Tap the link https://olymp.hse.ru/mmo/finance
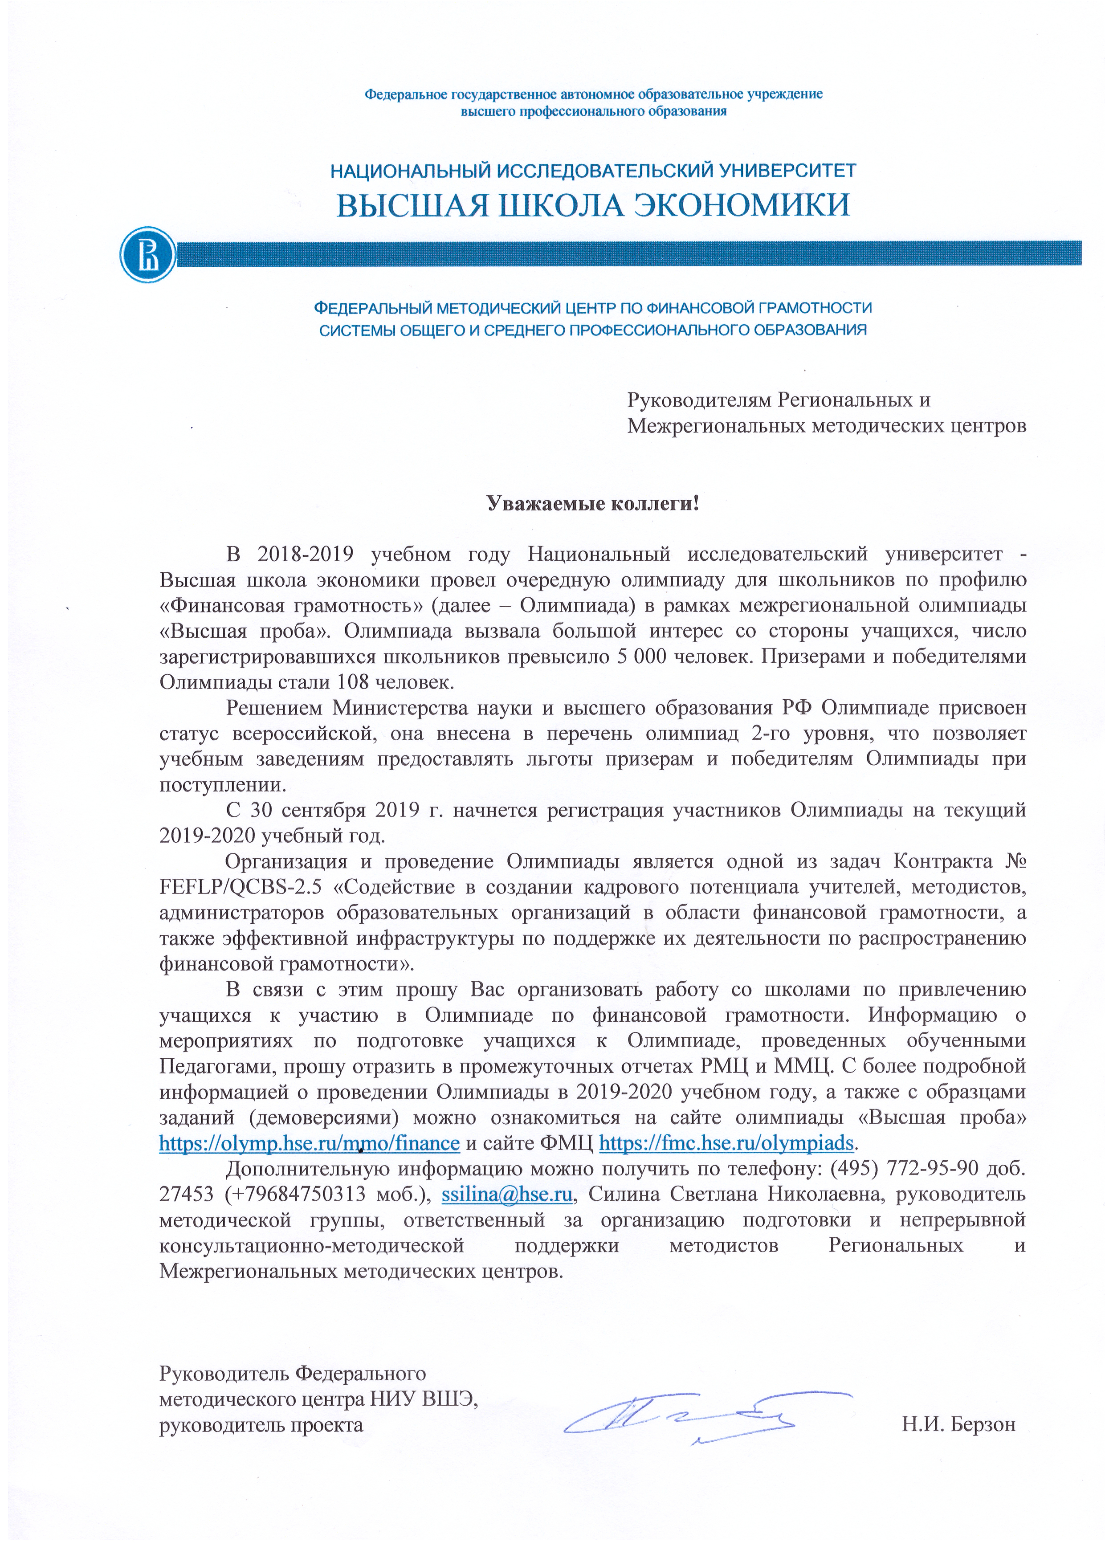pos(310,1143)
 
